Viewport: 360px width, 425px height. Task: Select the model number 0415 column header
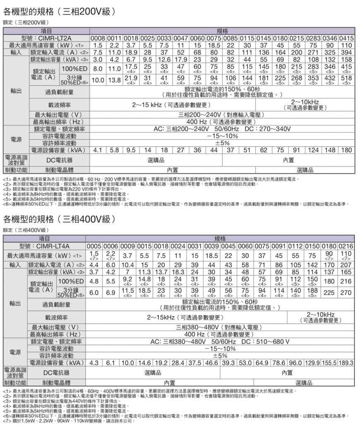tap(346, 38)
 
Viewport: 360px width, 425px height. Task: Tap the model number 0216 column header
tap(346, 246)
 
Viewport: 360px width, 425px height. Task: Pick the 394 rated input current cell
tap(346, 53)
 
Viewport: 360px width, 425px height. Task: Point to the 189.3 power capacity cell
tap(346, 362)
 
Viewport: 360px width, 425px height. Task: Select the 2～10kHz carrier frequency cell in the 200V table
tap(305, 104)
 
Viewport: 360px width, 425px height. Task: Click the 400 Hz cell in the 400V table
tap(219, 334)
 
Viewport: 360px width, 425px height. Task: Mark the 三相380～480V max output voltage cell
tap(219, 327)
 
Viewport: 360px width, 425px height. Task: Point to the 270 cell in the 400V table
tap(346, 292)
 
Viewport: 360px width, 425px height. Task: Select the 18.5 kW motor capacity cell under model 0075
tap(214, 45)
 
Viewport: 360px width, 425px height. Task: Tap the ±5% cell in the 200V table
tap(222, 143)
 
